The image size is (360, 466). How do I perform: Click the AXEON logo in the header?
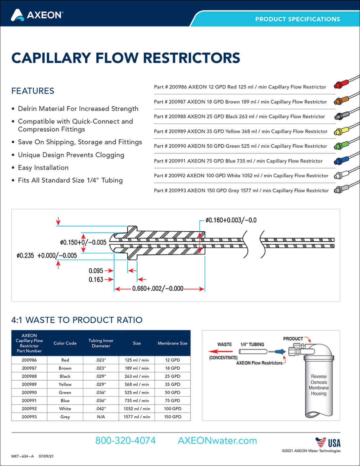coord(37,15)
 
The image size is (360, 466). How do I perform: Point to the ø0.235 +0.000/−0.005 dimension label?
coord(47,256)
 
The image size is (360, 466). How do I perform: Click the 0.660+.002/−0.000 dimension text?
coord(157,288)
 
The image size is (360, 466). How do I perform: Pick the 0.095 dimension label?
coord(96,271)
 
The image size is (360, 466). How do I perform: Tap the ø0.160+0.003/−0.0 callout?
coord(231,220)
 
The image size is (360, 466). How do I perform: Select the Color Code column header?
coord(65,343)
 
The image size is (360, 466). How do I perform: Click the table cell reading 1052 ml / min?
coord(137,408)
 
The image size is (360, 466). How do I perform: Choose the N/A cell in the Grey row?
coord(101,417)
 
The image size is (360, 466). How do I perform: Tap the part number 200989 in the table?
coord(29,384)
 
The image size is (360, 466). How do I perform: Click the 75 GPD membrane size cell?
coord(173,400)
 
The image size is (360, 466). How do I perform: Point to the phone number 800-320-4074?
coord(125,441)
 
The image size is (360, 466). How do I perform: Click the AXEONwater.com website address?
coord(217,441)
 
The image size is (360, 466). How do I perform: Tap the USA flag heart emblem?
coord(321,442)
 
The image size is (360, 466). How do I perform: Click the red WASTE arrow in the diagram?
coord(220,351)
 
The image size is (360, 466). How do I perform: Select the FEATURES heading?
coord(32,91)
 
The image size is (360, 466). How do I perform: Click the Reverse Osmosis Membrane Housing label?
coord(319,385)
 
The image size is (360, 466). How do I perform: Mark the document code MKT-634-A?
coord(22,456)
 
